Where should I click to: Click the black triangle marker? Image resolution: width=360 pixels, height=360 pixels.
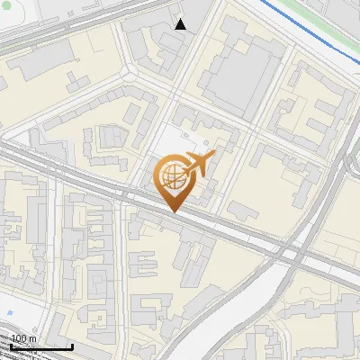pyautogui.click(x=181, y=24)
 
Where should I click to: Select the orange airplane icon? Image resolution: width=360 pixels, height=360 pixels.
pyautogui.click(x=198, y=164)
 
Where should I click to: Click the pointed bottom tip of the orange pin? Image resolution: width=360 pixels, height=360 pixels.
pyautogui.click(x=173, y=211)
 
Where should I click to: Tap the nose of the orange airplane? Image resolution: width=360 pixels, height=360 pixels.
pyautogui.click(x=213, y=157)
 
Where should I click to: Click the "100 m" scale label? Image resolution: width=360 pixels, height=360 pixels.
pyautogui.click(x=23, y=338)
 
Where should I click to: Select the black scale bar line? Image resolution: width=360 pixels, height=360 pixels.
pyautogui.click(x=40, y=346)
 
